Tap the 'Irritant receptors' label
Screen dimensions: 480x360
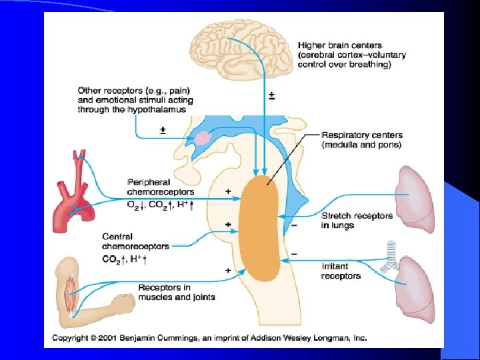tap(341, 271)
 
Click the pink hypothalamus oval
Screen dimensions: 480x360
tap(202, 139)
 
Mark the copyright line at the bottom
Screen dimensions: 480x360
tap(209, 338)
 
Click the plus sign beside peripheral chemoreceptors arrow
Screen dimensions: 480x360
tap(229, 191)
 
